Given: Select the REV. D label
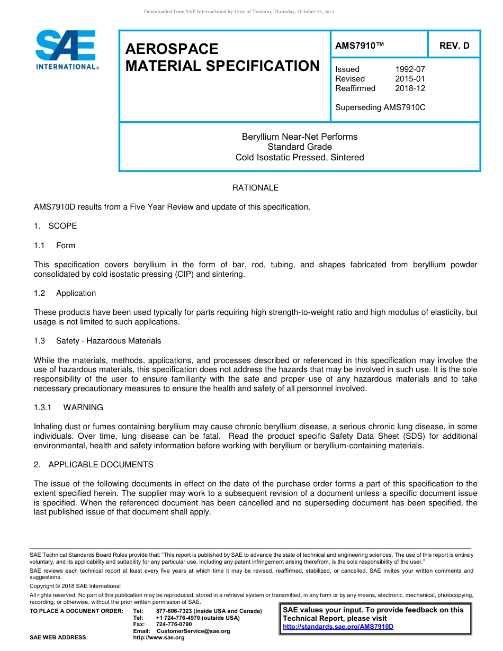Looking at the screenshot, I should (x=454, y=46).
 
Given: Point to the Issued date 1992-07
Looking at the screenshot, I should (x=410, y=69).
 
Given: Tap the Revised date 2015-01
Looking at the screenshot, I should (x=410, y=79).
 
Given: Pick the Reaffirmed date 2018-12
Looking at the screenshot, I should (x=410, y=88).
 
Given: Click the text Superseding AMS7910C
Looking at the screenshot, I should (x=380, y=107).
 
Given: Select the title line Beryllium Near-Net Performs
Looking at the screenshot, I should (x=299, y=137).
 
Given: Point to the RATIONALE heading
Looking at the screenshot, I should (x=255, y=188).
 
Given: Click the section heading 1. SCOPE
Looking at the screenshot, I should (x=56, y=226).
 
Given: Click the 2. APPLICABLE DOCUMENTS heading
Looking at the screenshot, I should (x=94, y=465).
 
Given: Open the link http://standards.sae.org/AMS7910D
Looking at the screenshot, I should (x=338, y=627).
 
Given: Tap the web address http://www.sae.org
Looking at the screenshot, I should (x=159, y=638).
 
